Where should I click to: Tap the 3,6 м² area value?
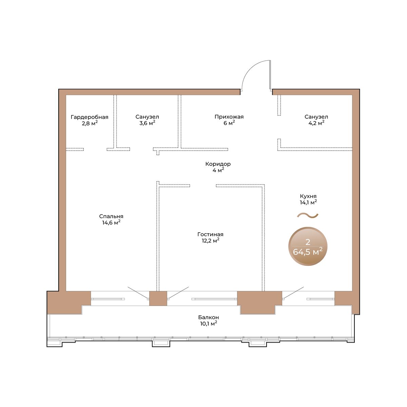click(147, 123)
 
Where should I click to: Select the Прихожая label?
click(229, 117)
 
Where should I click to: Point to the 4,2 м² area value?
click(316, 123)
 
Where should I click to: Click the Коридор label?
click(218, 164)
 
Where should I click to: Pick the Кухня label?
click(308, 196)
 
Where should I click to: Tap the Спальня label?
click(111, 216)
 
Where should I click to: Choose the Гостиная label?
click(210, 234)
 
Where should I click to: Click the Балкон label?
click(209, 317)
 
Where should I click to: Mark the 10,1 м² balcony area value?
click(209, 323)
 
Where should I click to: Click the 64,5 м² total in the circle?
click(308, 252)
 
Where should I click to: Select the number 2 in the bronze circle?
click(308, 242)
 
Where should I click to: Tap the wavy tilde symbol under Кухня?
click(308, 215)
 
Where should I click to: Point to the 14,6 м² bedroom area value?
click(111, 222)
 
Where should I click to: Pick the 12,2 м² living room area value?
click(210, 240)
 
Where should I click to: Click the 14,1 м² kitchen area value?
click(308, 202)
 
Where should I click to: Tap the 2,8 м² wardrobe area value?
click(90, 123)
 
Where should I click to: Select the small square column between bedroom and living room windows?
click(158, 298)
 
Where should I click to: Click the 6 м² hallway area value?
click(229, 123)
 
